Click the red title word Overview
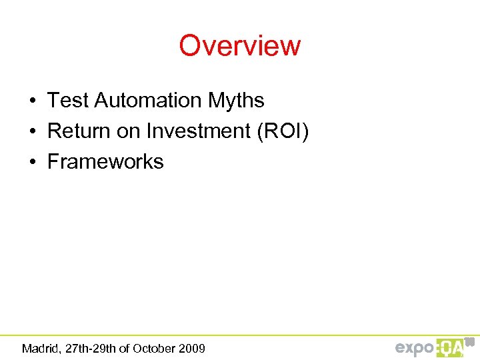pos(240,46)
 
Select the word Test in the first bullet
pos(68,101)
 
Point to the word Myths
pos(236,101)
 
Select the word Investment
pos(197,131)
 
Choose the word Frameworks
pos(105,162)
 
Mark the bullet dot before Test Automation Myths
pos(32,101)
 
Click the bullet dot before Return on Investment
pos(32,132)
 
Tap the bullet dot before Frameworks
pos(32,163)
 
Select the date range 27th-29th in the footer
pos(89,348)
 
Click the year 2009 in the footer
pos(193,348)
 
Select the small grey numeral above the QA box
pos(469,341)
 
